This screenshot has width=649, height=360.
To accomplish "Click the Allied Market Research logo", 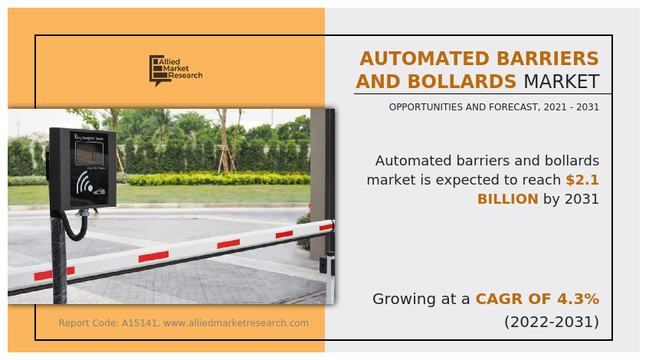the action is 176,70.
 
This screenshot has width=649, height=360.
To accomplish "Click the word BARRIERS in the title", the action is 548,58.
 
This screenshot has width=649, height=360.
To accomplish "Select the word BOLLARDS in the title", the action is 462,81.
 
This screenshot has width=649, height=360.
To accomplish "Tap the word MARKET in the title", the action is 562,81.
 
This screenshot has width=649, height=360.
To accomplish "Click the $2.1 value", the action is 582,179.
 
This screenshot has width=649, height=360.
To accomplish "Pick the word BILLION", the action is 508,199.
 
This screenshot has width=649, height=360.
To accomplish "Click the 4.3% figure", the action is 579,299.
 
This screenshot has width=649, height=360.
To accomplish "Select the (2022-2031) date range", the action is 552,322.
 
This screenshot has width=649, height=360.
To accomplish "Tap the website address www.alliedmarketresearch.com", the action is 236,323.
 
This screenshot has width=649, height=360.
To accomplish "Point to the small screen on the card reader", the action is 89,153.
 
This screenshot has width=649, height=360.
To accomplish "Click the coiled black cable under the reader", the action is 75,227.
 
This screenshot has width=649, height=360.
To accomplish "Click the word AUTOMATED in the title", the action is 424,58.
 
